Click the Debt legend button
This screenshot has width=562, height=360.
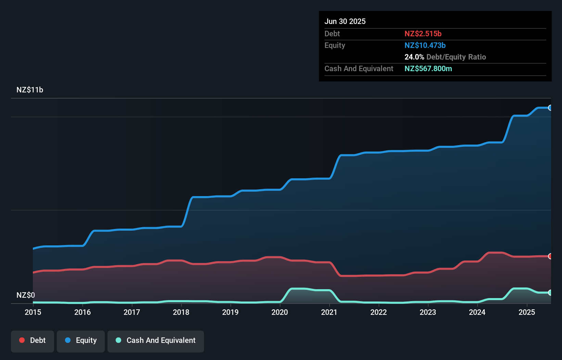(33, 341)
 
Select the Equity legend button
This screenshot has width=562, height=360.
(81, 341)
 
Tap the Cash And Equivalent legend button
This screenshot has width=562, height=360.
(156, 341)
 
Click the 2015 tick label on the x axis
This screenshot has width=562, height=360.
(33, 312)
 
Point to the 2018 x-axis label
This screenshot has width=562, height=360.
(181, 312)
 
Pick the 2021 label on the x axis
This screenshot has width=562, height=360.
(329, 312)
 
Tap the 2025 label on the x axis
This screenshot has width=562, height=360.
(527, 312)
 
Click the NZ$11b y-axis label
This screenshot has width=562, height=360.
(30, 90)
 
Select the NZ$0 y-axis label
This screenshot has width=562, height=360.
(26, 295)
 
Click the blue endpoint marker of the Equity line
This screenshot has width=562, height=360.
(550, 108)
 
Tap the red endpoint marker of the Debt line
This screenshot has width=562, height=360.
(550, 256)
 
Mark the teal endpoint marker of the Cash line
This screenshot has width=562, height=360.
(550, 293)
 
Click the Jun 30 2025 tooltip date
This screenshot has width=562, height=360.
(345, 21)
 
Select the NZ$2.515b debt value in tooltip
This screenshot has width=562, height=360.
(423, 34)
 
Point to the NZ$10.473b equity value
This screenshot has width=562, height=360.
(425, 45)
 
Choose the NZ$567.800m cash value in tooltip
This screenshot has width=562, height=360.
(428, 68)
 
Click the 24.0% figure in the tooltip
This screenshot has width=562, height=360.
(414, 57)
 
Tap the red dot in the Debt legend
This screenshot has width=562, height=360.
(22, 340)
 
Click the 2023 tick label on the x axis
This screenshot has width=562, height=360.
(428, 312)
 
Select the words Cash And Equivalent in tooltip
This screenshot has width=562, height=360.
(359, 68)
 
